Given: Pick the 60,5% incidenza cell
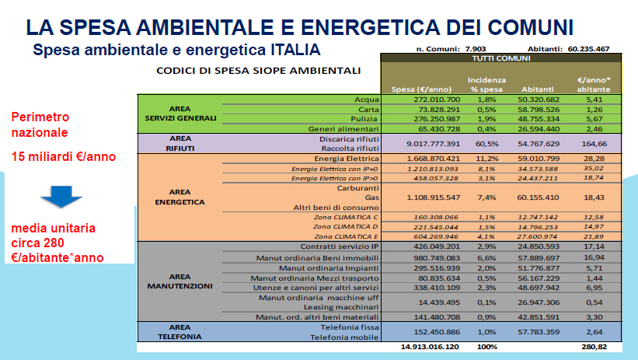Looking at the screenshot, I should point(486,143).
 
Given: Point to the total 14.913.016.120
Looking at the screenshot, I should point(429,347).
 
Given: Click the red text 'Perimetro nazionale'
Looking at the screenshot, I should point(40,124).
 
